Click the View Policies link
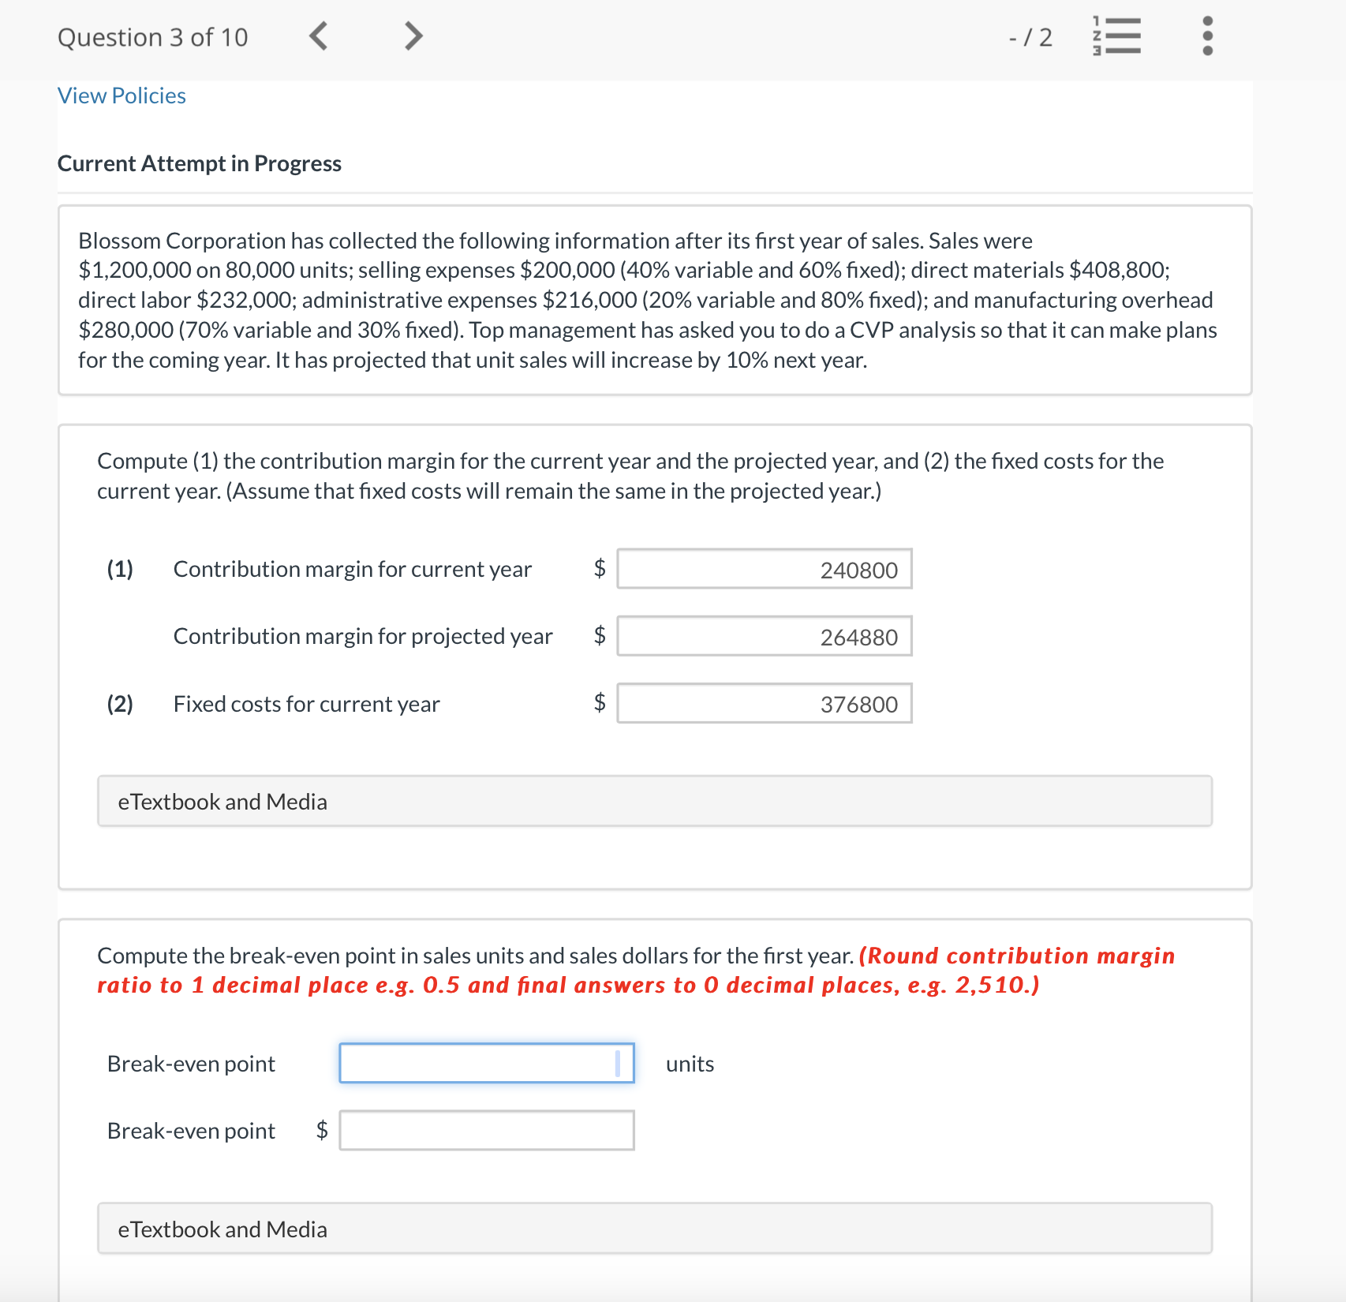click(122, 95)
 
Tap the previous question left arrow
click(318, 36)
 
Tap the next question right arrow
click(413, 36)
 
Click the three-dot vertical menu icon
click(1206, 36)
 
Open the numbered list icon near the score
click(1116, 36)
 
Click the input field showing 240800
click(764, 569)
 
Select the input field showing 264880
click(764, 636)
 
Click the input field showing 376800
click(764, 703)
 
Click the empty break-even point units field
click(486, 1063)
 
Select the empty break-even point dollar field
click(486, 1130)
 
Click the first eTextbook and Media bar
click(654, 801)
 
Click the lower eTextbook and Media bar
click(654, 1229)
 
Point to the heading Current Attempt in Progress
click(199, 163)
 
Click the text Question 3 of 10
click(152, 37)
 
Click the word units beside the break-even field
click(690, 1064)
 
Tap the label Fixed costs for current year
click(306, 704)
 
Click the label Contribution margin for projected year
click(362, 636)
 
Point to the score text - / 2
click(1030, 37)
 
